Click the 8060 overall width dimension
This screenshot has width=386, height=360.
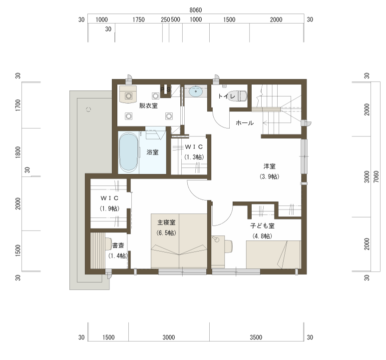(x=196, y=10)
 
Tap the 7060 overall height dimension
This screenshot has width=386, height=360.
(x=376, y=176)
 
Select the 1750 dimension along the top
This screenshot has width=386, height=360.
(x=139, y=19)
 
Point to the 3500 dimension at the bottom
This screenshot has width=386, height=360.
(x=256, y=337)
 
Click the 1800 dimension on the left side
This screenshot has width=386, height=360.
(x=18, y=152)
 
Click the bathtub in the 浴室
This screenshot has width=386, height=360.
(x=128, y=152)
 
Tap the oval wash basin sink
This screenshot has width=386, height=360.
(x=196, y=91)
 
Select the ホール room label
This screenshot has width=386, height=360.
(x=245, y=123)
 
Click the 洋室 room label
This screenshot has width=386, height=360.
(x=269, y=166)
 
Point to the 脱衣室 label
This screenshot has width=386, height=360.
(x=148, y=106)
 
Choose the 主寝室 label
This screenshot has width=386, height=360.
(x=166, y=222)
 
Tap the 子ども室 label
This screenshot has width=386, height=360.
(x=262, y=225)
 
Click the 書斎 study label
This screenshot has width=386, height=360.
(x=118, y=245)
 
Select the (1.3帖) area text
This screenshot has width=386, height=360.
(x=194, y=157)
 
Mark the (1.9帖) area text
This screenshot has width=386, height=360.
(x=109, y=208)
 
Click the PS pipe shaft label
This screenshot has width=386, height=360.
(x=166, y=89)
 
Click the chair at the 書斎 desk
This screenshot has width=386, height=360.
(x=108, y=244)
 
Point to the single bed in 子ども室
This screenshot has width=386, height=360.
(x=273, y=254)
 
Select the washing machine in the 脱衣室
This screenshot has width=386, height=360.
(x=128, y=94)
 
